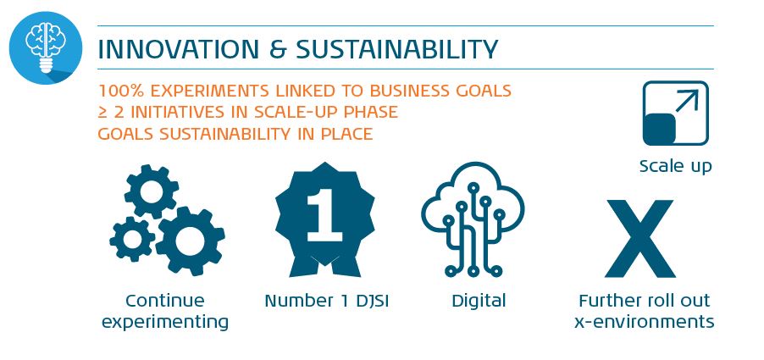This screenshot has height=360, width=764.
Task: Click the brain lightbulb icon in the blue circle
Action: (x=45, y=47)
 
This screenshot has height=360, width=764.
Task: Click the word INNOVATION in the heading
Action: (x=179, y=49)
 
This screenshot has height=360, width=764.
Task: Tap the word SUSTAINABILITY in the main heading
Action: (x=396, y=49)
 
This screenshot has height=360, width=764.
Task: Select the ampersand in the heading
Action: (x=277, y=49)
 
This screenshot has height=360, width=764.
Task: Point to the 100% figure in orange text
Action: (x=121, y=91)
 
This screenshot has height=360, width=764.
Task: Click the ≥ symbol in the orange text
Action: (x=102, y=113)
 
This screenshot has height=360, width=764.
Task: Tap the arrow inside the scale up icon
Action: (x=687, y=101)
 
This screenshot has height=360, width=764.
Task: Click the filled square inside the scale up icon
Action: (x=659, y=129)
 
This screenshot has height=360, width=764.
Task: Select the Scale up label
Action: (x=675, y=167)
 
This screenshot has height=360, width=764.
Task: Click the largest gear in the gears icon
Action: (x=190, y=241)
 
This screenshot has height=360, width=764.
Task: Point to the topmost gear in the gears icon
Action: (x=151, y=191)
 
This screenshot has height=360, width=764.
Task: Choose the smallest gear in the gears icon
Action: (x=132, y=239)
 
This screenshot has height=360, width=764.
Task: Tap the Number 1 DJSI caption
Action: (x=326, y=301)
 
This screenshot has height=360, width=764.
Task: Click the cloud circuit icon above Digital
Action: (x=473, y=219)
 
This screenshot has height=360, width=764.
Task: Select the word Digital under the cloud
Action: (x=479, y=301)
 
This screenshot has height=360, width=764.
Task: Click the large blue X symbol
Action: (x=640, y=238)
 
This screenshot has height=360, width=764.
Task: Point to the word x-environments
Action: (x=644, y=323)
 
